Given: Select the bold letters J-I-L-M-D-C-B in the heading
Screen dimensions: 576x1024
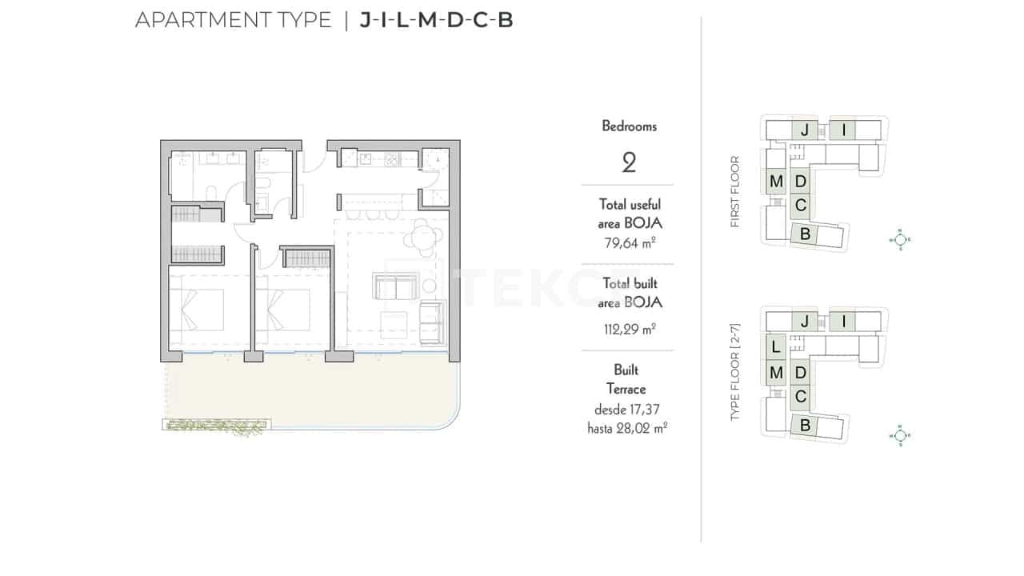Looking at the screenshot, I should click(x=436, y=20).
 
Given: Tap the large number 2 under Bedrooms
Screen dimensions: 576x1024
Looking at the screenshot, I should click(x=629, y=163).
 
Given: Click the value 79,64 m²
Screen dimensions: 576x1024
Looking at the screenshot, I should click(x=630, y=243).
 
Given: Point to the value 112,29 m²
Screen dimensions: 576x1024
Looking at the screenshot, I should click(x=630, y=328).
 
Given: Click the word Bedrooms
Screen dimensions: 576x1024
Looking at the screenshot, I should click(x=629, y=126).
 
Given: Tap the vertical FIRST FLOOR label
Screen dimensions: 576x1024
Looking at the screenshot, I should click(x=735, y=192).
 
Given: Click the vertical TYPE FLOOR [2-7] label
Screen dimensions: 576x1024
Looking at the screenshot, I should click(x=735, y=373).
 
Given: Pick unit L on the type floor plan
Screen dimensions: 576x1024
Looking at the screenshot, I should click(x=775, y=348).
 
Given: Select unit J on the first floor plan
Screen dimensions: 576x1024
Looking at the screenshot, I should click(x=806, y=130).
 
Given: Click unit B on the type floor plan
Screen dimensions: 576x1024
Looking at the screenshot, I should click(x=806, y=426).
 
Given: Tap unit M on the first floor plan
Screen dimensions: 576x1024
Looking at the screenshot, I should click(x=775, y=182).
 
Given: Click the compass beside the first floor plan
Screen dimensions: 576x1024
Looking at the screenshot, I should click(x=900, y=238).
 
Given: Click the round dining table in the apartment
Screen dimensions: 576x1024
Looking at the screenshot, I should click(x=422, y=236).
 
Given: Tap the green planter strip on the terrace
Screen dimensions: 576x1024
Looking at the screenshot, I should click(x=214, y=426).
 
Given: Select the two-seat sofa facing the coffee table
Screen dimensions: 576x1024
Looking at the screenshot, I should click(x=396, y=286).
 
